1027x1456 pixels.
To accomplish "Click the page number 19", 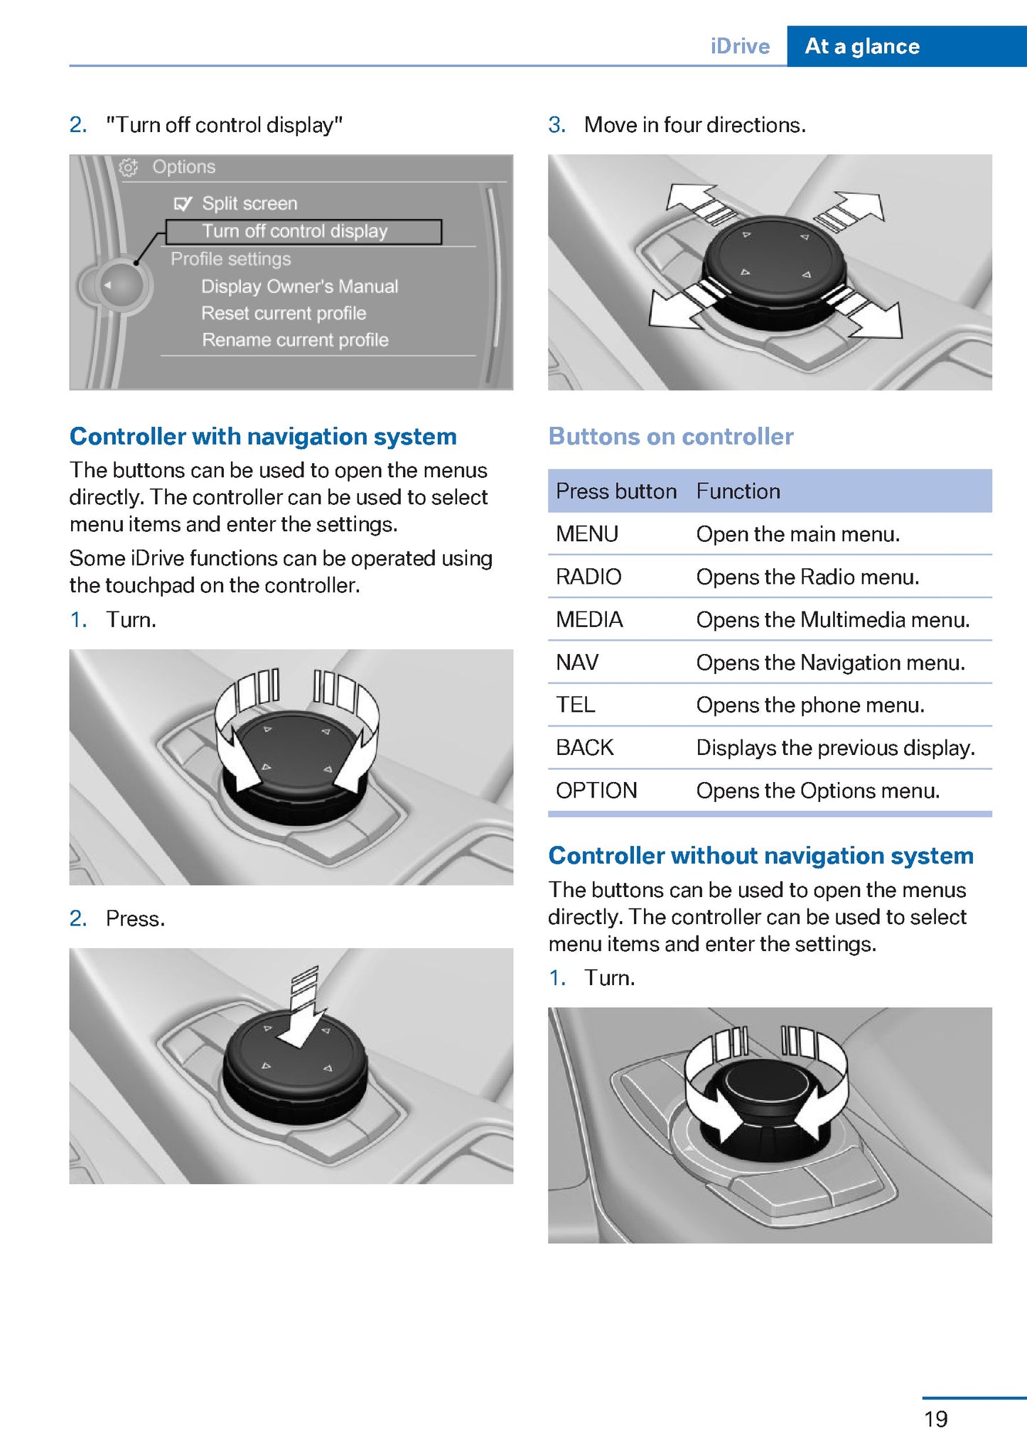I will [935, 1418].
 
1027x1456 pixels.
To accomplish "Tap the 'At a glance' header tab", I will [862, 46].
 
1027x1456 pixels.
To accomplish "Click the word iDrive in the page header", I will [740, 46].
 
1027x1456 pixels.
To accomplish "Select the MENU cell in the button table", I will [587, 533].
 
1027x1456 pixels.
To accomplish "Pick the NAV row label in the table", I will [577, 662].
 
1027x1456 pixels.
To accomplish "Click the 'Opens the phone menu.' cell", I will [810, 705].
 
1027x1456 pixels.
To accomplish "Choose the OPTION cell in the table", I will [596, 790].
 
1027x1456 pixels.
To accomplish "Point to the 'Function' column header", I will [738, 491].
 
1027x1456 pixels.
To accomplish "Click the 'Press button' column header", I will [615, 491].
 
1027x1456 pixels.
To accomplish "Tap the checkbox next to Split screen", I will [183, 205].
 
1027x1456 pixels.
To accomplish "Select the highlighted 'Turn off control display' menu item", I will [295, 232].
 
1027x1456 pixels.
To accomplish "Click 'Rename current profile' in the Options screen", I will [295, 340].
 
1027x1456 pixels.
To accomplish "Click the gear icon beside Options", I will [129, 168].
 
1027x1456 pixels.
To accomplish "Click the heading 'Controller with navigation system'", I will [263, 436].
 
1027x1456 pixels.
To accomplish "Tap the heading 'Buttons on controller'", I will [671, 436].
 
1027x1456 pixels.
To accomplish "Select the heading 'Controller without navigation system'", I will [760, 855].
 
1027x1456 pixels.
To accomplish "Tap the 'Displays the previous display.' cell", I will [835, 747].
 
